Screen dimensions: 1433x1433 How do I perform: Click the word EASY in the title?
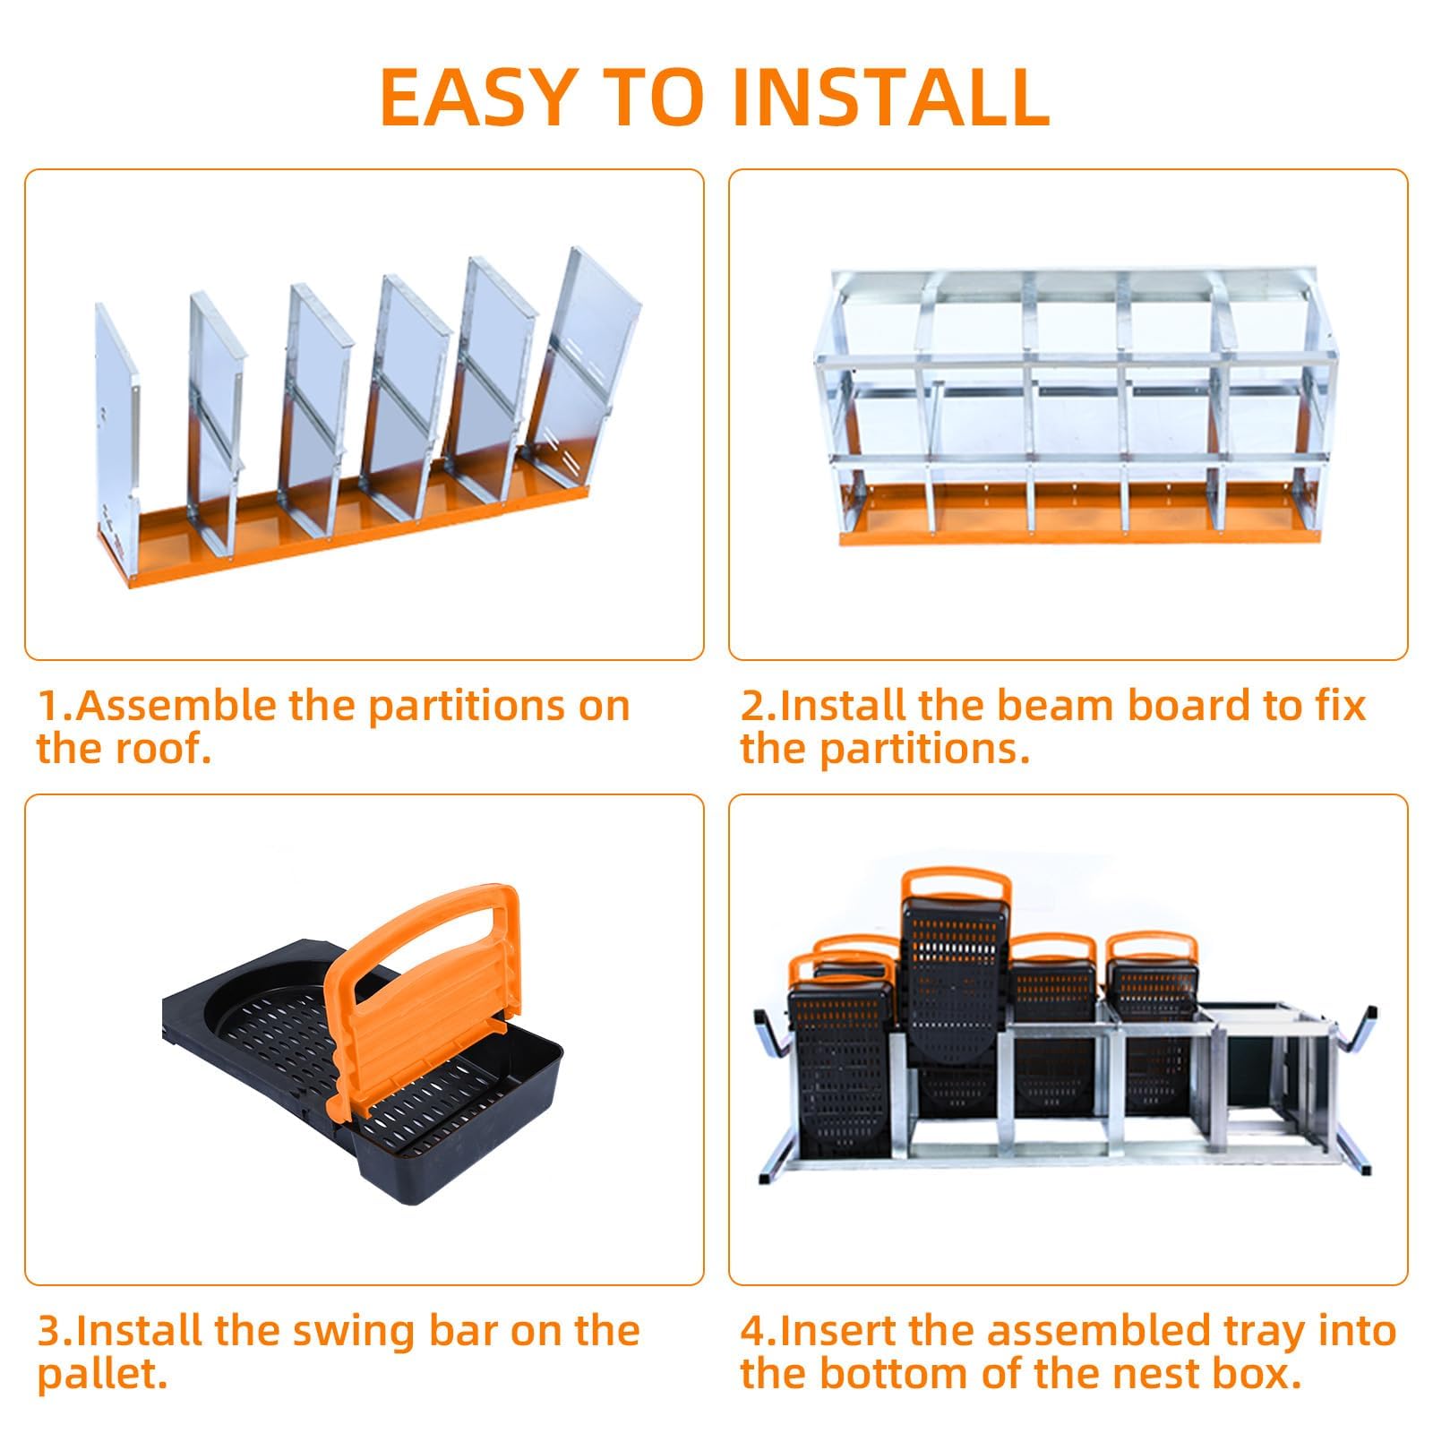(x=476, y=96)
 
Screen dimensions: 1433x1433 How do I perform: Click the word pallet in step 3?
(x=101, y=1376)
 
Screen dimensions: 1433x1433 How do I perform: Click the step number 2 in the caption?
(x=751, y=707)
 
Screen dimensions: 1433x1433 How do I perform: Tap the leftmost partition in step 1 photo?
(x=116, y=421)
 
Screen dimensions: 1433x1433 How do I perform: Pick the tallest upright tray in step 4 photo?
(x=956, y=994)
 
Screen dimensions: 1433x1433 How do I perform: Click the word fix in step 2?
(x=1338, y=707)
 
